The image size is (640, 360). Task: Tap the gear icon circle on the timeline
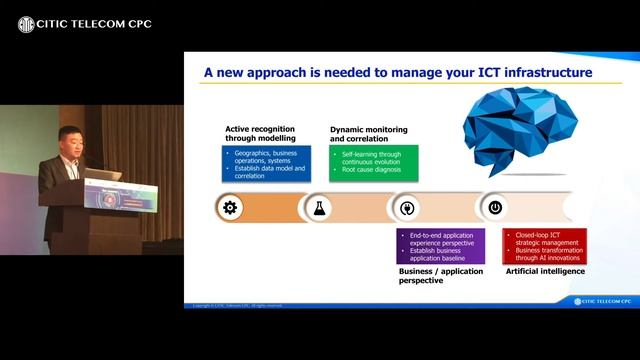click(x=230, y=208)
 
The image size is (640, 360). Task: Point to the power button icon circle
click(x=494, y=208)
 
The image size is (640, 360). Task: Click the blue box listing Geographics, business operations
click(x=267, y=163)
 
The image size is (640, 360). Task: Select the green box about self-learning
click(x=373, y=160)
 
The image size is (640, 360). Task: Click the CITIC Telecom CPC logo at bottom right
click(x=604, y=301)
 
